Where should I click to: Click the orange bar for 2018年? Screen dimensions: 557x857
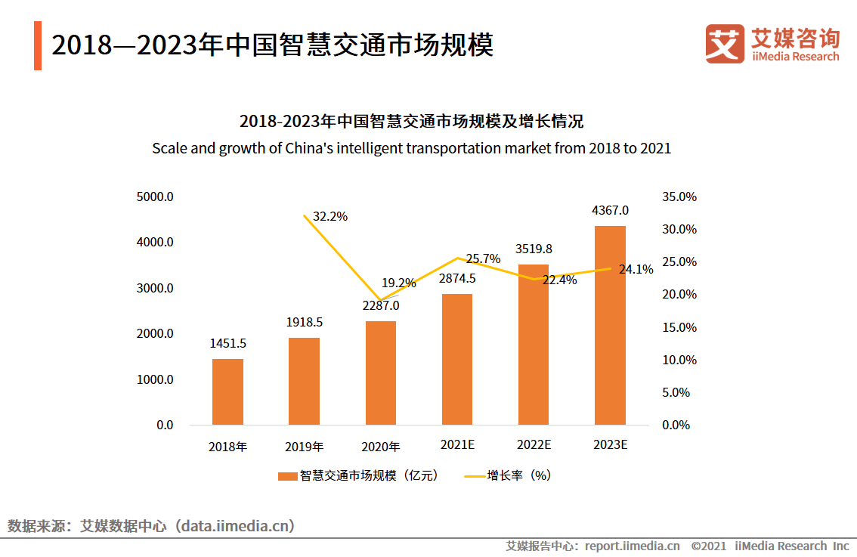click(227, 391)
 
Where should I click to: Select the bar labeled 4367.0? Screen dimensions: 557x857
click(610, 325)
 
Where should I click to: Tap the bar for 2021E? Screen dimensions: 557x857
click(456, 359)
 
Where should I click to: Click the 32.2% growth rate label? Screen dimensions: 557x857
click(330, 216)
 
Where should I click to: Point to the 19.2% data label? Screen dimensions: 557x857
click(398, 283)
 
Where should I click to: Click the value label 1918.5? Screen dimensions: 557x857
click(305, 322)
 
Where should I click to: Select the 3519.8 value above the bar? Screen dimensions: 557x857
click(534, 248)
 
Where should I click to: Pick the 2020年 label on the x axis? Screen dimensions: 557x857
click(381, 446)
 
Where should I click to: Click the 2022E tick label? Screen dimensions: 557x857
click(534, 444)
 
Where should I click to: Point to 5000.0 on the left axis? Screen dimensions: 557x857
click(155, 197)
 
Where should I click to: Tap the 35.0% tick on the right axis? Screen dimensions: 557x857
click(679, 197)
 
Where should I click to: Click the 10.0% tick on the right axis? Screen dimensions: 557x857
click(679, 360)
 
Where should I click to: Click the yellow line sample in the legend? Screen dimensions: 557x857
click(473, 476)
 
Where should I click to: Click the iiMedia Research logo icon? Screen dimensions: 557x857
click(724, 44)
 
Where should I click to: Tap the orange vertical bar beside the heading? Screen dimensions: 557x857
click(38, 46)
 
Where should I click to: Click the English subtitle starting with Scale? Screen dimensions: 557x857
click(411, 148)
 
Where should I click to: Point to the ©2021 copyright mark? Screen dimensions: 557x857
click(708, 546)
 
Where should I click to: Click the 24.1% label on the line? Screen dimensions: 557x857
click(636, 269)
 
